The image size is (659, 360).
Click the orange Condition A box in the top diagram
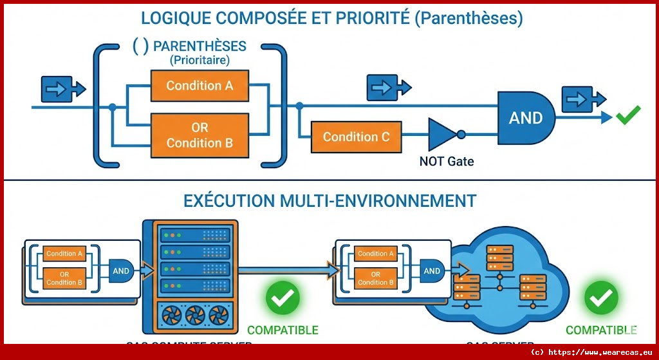[x=200, y=86]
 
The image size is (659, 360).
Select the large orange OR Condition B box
[x=200, y=135]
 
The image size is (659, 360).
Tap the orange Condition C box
[x=356, y=137]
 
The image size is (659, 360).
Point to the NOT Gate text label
[x=446, y=161]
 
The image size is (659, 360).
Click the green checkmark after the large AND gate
[x=628, y=116]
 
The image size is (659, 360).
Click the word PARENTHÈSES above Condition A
[x=200, y=47]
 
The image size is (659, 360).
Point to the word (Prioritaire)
[x=200, y=60]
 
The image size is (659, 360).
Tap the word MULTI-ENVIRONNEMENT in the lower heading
[x=379, y=200]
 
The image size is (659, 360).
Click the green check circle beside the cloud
[x=601, y=298]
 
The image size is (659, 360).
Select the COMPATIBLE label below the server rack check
[x=283, y=330]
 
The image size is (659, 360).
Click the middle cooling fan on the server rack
[x=195, y=316]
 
